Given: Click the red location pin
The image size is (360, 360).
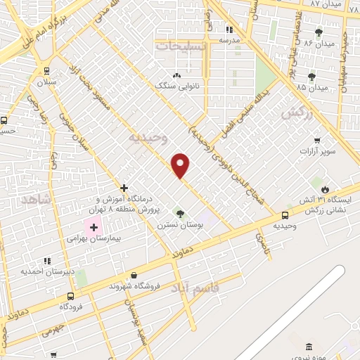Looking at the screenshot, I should [181, 165].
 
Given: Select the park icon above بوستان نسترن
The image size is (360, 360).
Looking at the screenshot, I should [179, 213].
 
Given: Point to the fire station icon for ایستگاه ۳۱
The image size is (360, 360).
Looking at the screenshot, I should [326, 189].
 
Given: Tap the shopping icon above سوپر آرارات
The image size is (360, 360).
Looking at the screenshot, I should [318, 140].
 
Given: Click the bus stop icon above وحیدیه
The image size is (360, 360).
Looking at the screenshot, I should [285, 215].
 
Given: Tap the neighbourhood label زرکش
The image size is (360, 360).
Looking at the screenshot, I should [295, 112].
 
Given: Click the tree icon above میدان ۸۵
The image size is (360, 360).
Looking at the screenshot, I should [311, 77].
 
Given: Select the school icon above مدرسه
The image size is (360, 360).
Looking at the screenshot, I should [229, 30].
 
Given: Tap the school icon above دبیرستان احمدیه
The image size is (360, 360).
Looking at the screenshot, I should [47, 260].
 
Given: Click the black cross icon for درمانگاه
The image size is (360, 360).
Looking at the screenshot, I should [124, 188].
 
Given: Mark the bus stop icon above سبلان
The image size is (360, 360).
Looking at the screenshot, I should [46, 70].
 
